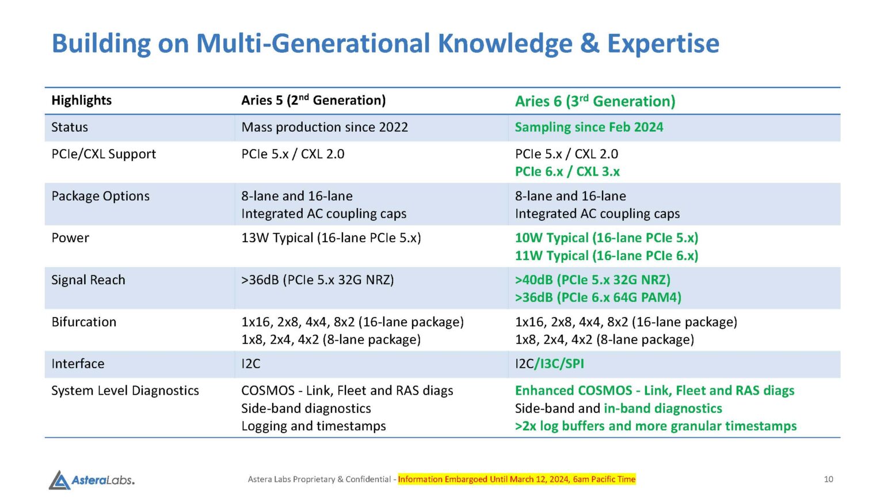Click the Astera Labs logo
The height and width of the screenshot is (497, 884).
pyautogui.click(x=92, y=480)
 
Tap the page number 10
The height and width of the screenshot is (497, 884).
pyautogui.click(x=828, y=479)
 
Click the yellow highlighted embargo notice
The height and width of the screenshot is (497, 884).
pyautogui.click(x=516, y=479)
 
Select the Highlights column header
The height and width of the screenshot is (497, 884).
pyautogui.click(x=82, y=101)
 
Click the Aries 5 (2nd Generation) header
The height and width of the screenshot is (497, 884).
pyautogui.click(x=313, y=101)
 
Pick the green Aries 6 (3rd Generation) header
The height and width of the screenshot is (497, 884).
pyautogui.click(x=595, y=101)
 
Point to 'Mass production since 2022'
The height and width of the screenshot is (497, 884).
pyautogui.click(x=325, y=127)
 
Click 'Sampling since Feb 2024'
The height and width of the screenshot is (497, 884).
pyautogui.click(x=589, y=127)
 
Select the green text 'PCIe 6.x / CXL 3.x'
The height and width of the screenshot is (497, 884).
pyautogui.click(x=567, y=171)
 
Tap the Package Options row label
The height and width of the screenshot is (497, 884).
pyautogui.click(x=101, y=196)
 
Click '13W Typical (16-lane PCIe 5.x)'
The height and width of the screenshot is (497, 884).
pyautogui.click(x=331, y=238)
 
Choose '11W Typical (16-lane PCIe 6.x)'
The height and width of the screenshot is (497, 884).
pyautogui.click(x=606, y=256)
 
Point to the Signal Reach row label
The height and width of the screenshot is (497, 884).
pyautogui.click(x=88, y=280)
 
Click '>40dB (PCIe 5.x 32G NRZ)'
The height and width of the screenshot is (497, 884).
pyautogui.click(x=592, y=280)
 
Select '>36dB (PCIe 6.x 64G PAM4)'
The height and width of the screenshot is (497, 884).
pyautogui.click(x=598, y=297)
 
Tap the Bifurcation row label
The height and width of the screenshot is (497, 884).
pyautogui.click(x=84, y=322)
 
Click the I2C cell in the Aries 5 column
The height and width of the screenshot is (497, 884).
pyautogui.click(x=251, y=364)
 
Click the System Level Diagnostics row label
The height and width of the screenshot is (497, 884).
pyautogui.click(x=125, y=391)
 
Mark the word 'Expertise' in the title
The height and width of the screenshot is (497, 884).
pyautogui.click(x=663, y=44)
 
